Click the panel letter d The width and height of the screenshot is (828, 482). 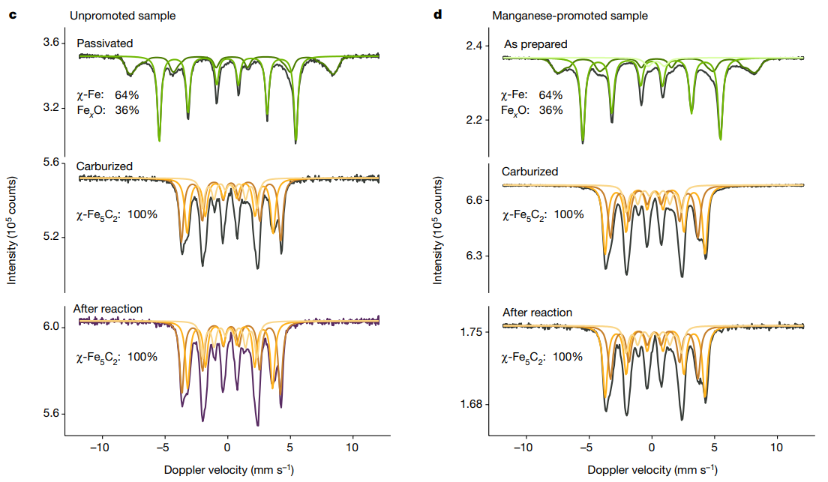(x=439, y=15)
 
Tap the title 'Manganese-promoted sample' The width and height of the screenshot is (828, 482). (x=569, y=15)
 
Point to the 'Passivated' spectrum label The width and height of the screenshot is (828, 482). (x=105, y=43)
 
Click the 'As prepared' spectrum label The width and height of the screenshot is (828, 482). (x=535, y=44)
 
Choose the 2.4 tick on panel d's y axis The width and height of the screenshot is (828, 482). (x=478, y=46)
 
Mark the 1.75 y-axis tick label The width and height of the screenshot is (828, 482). (x=475, y=331)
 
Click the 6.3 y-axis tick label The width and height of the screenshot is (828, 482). (x=478, y=256)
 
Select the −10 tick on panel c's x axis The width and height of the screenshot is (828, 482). (x=100, y=449)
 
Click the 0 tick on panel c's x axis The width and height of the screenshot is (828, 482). (x=226, y=449)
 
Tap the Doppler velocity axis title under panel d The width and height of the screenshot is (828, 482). (x=652, y=470)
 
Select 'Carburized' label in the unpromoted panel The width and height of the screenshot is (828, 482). (x=105, y=166)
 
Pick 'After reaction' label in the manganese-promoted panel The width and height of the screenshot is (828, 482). (x=537, y=313)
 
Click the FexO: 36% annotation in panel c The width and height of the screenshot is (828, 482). (x=108, y=109)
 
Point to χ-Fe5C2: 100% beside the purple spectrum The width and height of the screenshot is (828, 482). (x=117, y=357)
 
